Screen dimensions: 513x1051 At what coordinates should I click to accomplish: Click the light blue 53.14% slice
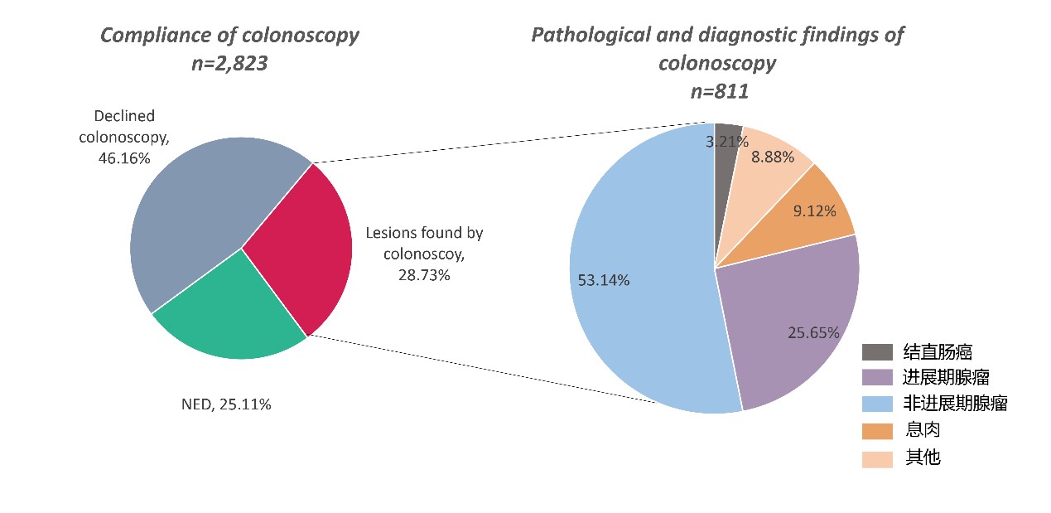638,315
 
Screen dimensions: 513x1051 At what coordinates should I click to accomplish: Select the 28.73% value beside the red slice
424,274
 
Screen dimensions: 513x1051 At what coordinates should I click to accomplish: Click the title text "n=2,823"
229,63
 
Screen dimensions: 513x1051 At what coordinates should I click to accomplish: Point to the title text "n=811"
719,92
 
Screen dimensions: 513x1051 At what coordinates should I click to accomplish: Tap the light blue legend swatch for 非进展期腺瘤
877,404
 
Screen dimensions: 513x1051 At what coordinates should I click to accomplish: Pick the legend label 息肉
923,430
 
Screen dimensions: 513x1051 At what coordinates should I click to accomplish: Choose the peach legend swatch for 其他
877,457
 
